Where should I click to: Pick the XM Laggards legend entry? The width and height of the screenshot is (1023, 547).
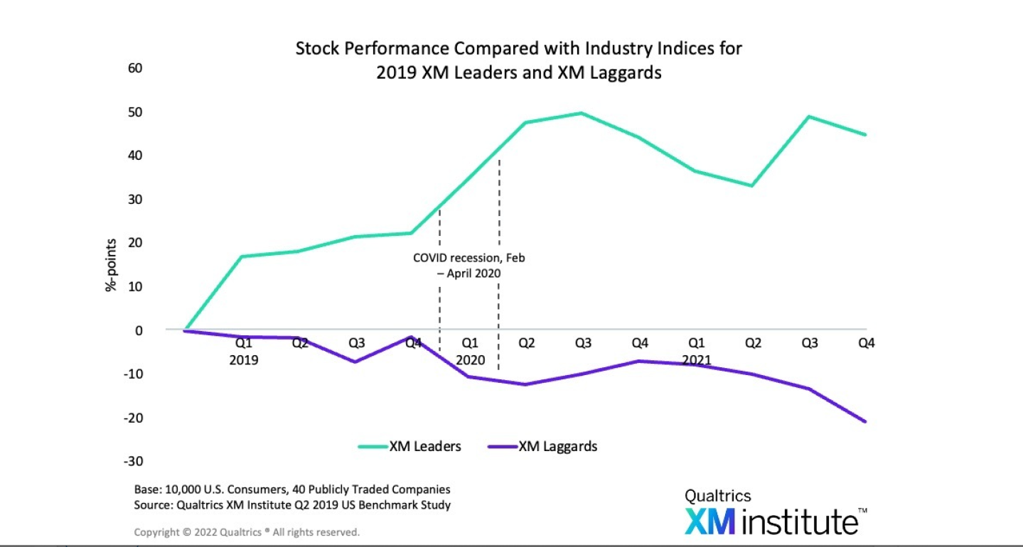pyautogui.click(x=542, y=447)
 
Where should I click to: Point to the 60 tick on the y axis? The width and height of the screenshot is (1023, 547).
pyautogui.click(x=135, y=68)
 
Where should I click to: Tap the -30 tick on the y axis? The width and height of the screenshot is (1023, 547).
pyautogui.click(x=133, y=461)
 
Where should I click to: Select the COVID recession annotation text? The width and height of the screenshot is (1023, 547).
pyautogui.click(x=468, y=264)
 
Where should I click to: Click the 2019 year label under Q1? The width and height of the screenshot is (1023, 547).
pyautogui.click(x=243, y=360)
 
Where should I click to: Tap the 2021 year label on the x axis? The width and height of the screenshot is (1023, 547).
pyautogui.click(x=697, y=360)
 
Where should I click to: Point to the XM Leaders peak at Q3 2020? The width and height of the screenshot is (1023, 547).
pyautogui.click(x=582, y=113)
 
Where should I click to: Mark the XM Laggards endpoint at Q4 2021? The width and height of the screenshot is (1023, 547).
pyautogui.click(x=866, y=422)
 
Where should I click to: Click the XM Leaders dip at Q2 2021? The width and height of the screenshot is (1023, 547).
pyautogui.click(x=752, y=186)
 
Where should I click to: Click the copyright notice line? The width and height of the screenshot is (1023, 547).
pyautogui.click(x=247, y=531)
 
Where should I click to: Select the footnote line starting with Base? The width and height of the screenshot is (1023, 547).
pyautogui.click(x=292, y=489)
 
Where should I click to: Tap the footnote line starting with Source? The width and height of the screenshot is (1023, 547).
pyautogui.click(x=292, y=505)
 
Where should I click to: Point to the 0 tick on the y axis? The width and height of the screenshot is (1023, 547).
pyautogui.click(x=139, y=330)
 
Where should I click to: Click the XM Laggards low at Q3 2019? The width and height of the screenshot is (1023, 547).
pyautogui.click(x=355, y=362)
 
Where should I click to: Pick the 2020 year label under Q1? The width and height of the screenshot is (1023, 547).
pyautogui.click(x=470, y=360)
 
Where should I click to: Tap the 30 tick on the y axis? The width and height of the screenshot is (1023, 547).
pyautogui.click(x=135, y=200)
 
